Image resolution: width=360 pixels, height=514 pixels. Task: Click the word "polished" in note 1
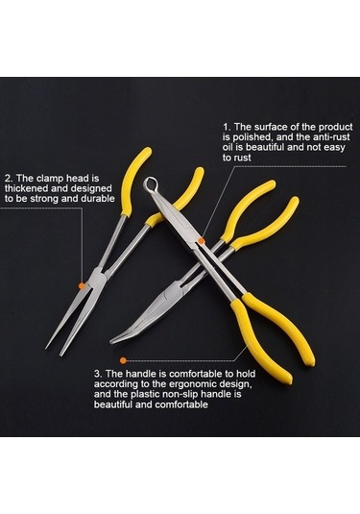[x=248, y=137]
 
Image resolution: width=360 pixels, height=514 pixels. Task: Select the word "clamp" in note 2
[x=50, y=179]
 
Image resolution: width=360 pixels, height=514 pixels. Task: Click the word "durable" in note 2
[x=100, y=199]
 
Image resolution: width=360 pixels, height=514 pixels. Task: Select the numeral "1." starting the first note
[x=228, y=127]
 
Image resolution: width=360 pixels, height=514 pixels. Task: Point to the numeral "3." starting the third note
[x=99, y=374]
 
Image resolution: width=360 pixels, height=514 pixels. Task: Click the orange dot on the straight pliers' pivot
[x=82, y=286]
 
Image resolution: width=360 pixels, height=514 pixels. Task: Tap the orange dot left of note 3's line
[x=123, y=360]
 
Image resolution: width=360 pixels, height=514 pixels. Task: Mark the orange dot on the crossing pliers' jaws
[x=202, y=241]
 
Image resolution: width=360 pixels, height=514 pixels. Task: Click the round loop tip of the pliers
[x=151, y=184]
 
